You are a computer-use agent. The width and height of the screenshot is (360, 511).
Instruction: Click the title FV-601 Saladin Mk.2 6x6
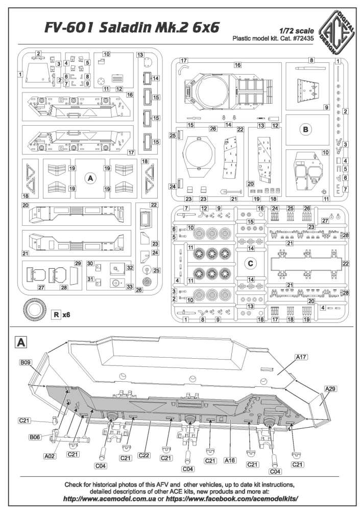(x=132, y=28)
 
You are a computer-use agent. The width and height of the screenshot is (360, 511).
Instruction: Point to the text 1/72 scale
(x=297, y=31)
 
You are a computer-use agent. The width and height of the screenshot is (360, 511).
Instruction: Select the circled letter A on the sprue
(x=90, y=178)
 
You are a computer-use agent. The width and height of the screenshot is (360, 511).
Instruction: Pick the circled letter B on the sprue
(x=305, y=129)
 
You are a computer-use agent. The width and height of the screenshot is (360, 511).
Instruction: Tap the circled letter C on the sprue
(x=250, y=263)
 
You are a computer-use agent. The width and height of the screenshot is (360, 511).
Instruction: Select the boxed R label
(x=56, y=315)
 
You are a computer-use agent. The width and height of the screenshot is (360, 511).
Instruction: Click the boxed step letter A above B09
(x=21, y=342)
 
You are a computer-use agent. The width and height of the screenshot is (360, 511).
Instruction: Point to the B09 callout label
(x=26, y=362)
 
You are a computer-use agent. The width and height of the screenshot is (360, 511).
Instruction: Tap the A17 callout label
(x=301, y=357)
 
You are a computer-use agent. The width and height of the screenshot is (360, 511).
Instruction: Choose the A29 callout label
(x=330, y=388)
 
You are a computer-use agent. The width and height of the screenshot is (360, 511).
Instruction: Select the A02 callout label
(x=50, y=456)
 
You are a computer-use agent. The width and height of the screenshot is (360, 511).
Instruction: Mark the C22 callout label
(x=143, y=455)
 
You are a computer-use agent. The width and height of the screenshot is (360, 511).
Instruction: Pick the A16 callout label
(x=230, y=460)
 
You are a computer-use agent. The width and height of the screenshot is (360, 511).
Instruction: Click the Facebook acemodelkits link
(x=232, y=499)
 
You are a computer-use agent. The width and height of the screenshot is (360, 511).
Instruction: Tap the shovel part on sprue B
(x=232, y=191)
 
